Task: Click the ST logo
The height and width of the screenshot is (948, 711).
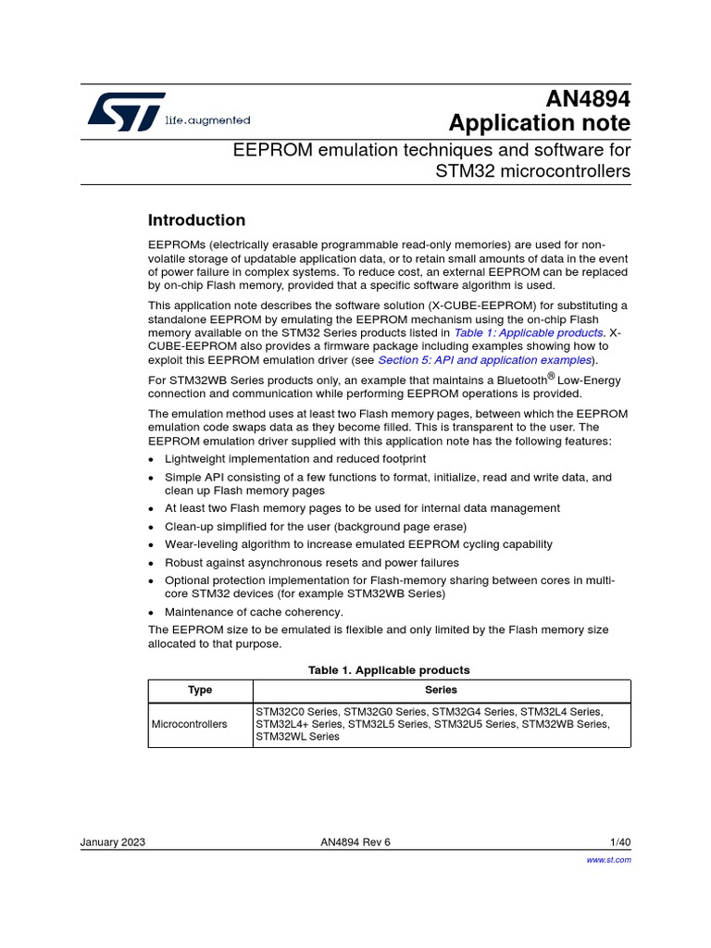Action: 127,111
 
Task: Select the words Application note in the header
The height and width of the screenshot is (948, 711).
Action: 539,123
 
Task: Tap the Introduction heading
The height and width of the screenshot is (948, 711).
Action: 197,220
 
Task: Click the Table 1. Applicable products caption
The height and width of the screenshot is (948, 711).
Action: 389,669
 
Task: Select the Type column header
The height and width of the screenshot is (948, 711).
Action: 200,691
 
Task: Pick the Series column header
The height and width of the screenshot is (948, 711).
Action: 441,691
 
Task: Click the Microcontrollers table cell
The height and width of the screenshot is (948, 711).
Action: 189,724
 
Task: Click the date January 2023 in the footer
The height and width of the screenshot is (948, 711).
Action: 113,842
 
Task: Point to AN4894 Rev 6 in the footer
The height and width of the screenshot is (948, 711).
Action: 355,842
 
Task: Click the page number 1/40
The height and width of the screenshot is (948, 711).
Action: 620,842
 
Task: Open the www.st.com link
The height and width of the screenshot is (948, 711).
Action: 609,860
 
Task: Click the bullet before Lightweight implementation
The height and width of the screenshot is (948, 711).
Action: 152,460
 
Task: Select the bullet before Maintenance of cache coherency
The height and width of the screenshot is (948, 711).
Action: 152,613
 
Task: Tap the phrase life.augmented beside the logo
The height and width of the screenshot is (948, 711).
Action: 207,120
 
